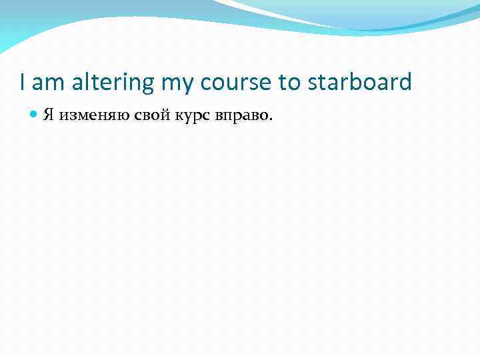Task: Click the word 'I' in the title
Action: pyautogui.click(x=23, y=83)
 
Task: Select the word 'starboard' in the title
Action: pyautogui.click(x=360, y=83)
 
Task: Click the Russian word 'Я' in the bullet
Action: pyautogui.click(x=49, y=115)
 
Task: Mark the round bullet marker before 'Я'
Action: pyautogui.click(x=35, y=115)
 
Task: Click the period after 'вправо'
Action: pyautogui.click(x=270, y=119)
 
